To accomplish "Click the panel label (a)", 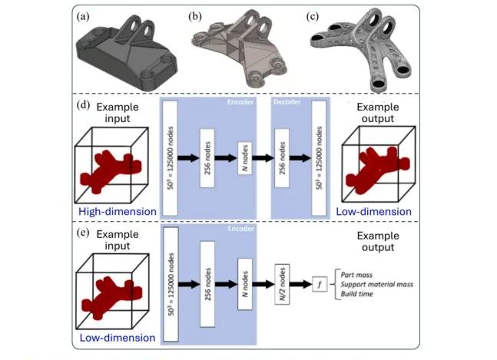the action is (83, 16).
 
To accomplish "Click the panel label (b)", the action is (195, 16).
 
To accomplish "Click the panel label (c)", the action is (312, 16).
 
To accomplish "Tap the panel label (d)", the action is (84, 105).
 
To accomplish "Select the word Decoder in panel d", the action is (287, 102).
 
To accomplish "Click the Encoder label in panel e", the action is (241, 229).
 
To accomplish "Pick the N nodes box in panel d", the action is (245, 158).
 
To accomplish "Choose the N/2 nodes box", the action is (282, 284).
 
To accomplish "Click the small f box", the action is (320, 284).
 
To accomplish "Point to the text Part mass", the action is (356, 275).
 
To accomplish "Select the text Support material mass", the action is (377, 284).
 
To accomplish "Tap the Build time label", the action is (357, 294).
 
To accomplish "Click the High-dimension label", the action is (118, 212).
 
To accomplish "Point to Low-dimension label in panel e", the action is (118, 338).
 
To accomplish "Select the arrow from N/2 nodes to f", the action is (301, 284).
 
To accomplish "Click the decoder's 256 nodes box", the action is (282, 158).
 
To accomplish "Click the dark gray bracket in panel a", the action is (127, 54).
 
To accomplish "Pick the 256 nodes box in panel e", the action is (207, 284).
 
